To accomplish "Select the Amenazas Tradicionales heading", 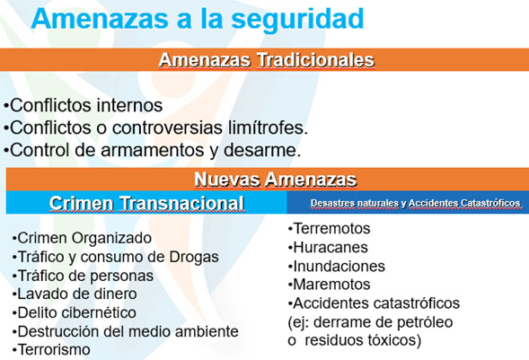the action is [267, 60].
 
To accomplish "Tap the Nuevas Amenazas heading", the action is [276, 179].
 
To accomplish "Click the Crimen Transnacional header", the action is [146, 203].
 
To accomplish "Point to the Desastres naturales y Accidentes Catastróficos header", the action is [415, 203].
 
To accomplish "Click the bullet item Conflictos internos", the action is [84, 105].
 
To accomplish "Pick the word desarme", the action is [262, 150].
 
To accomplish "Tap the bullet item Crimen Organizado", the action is [82, 238].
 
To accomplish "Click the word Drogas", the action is [194, 257].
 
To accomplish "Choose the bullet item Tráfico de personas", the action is [83, 276].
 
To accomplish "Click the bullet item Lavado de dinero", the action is [75, 294].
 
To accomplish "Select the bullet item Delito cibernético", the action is [75, 312].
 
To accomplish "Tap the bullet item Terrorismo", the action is [51, 349].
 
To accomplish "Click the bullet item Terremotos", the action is [330, 229].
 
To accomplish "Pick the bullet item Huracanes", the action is [328, 248].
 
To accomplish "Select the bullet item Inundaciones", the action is [337, 267].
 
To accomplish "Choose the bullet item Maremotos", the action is [330, 285].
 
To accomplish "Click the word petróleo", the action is [425, 322].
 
